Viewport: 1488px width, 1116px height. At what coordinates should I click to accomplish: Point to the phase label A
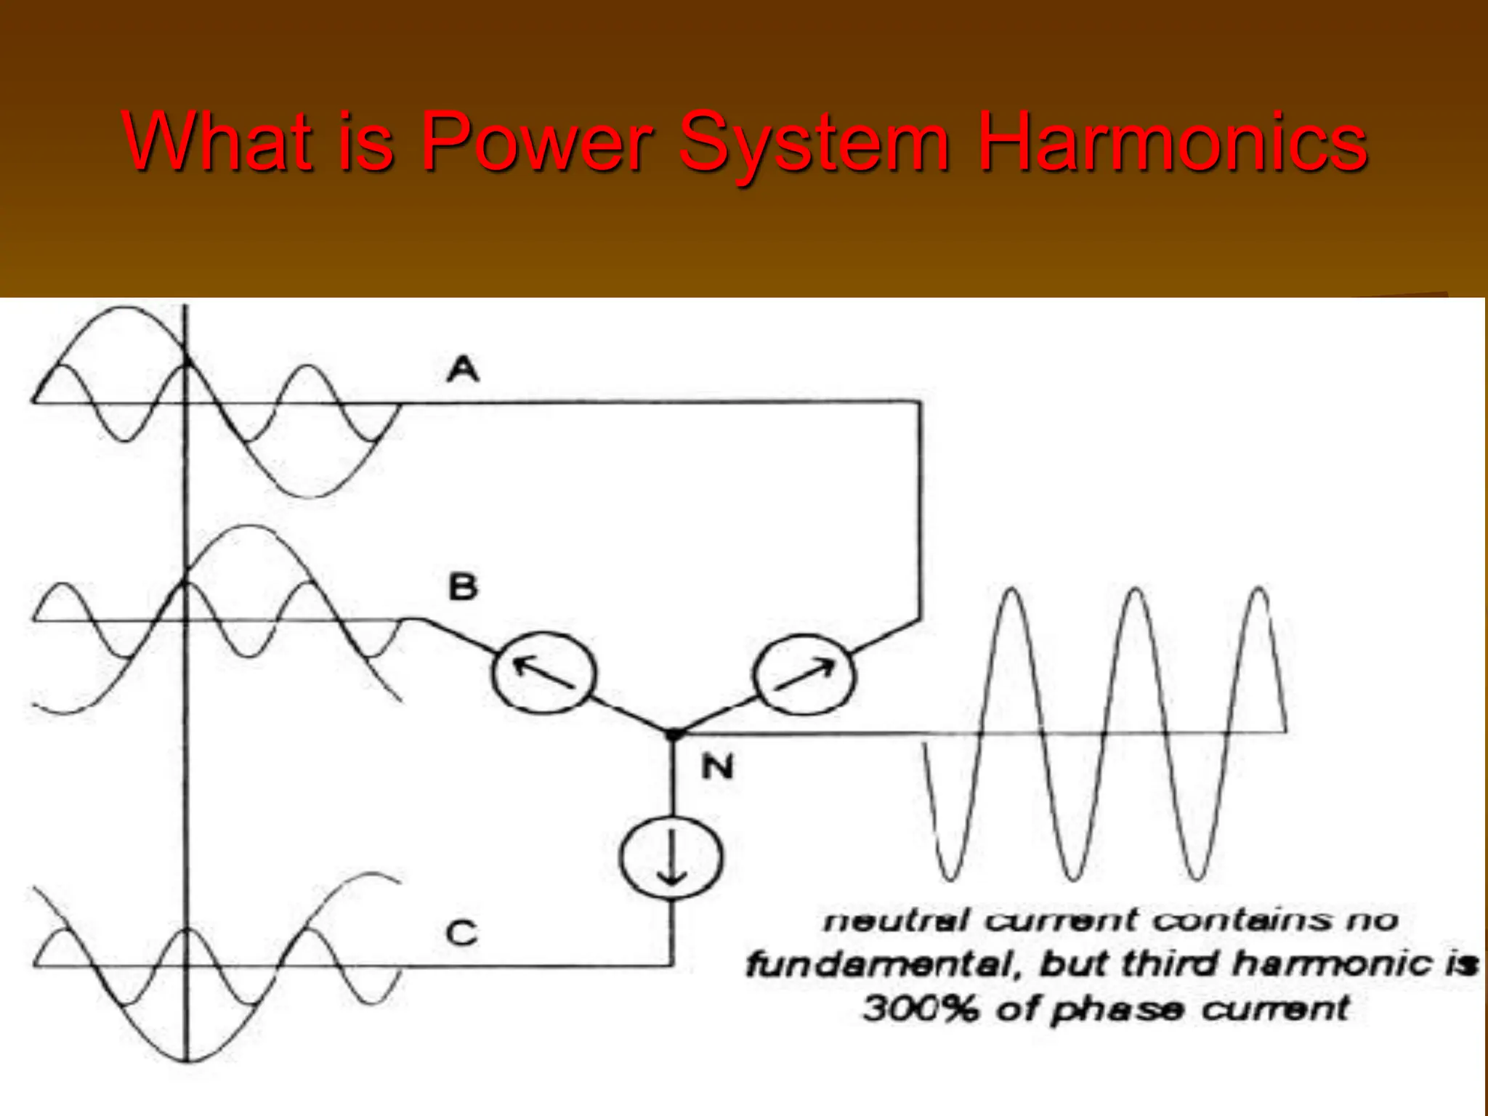(x=463, y=369)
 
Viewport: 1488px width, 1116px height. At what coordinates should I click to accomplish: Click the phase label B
(x=463, y=587)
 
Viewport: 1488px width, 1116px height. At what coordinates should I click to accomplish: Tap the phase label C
(x=461, y=933)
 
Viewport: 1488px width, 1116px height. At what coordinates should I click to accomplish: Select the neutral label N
(x=718, y=767)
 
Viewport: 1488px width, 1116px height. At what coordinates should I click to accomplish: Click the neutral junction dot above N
(x=674, y=735)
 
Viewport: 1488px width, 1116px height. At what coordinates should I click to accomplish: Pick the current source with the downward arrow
(x=671, y=857)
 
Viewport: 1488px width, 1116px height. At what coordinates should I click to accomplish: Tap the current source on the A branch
(x=804, y=674)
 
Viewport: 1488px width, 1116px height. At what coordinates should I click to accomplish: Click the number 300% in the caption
(x=920, y=1008)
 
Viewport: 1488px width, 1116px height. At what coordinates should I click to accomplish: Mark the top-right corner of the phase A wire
(x=920, y=402)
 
